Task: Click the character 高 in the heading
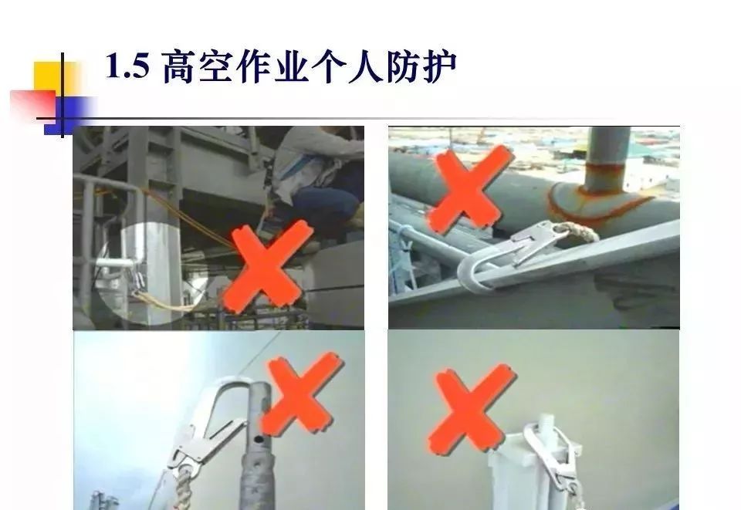tap(178, 66)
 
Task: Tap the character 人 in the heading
tap(365, 66)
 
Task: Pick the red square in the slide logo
tap(32, 105)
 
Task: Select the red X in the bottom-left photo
tap(302, 392)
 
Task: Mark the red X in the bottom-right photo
tap(471, 409)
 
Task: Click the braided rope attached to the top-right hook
tap(577, 231)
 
